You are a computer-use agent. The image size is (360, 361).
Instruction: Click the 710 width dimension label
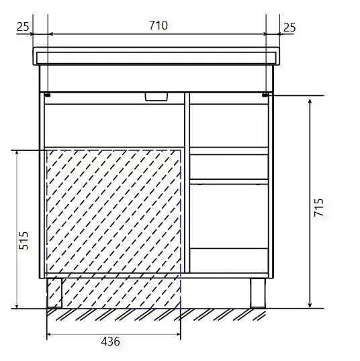click(x=159, y=25)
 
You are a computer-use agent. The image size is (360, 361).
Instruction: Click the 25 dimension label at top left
click(x=23, y=27)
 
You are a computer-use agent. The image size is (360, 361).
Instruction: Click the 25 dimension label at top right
click(x=289, y=28)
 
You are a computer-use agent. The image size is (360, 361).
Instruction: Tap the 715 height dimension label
click(x=319, y=207)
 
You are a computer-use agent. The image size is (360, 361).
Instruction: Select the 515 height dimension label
click(x=24, y=240)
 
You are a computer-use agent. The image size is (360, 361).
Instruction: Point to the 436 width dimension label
click(x=110, y=342)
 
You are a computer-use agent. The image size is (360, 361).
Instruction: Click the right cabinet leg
click(x=258, y=293)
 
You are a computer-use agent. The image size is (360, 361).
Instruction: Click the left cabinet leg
click(x=54, y=293)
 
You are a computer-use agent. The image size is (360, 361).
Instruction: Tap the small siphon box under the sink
click(x=156, y=97)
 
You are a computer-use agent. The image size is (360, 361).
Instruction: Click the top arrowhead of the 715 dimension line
click(x=310, y=101)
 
